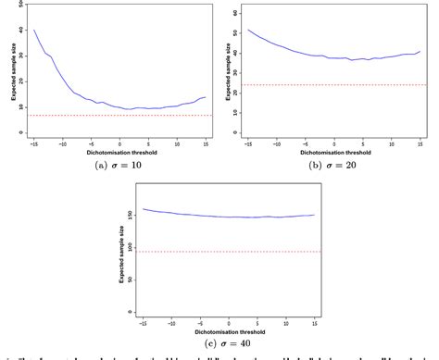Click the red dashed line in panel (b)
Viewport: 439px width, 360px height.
pos(333,85)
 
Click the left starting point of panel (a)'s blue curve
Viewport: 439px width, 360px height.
pos(34,30)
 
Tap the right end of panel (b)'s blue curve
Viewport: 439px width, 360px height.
pos(420,52)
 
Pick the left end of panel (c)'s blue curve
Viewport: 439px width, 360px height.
pos(143,209)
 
